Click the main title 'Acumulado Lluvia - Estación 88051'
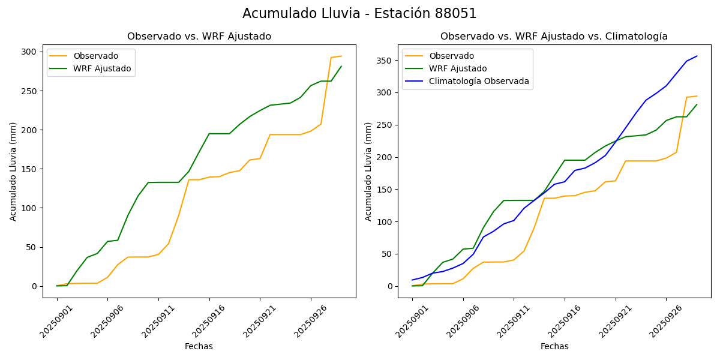pyautogui.click(x=359, y=13)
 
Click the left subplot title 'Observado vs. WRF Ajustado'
pyautogui.click(x=199, y=37)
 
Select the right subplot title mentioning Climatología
pyautogui.click(x=554, y=37)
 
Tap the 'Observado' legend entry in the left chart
pyautogui.click(x=96, y=56)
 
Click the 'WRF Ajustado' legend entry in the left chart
pyautogui.click(x=102, y=68)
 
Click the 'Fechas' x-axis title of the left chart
pyautogui.click(x=199, y=346)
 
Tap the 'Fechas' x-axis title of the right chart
pyautogui.click(x=554, y=346)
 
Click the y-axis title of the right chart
pyautogui.click(x=368, y=171)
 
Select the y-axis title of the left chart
pyautogui.click(x=13, y=171)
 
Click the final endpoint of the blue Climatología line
pyautogui.click(x=697, y=56)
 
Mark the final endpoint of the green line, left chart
pyautogui.click(x=341, y=67)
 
